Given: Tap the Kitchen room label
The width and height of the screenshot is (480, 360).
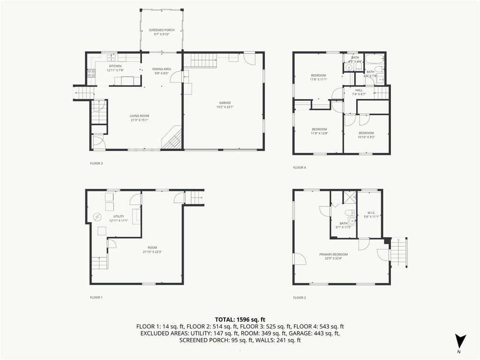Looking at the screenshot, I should click(115, 68).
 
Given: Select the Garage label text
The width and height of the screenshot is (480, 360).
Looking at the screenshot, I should click(225, 105).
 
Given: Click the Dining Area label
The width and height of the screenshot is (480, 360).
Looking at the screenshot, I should click(162, 71).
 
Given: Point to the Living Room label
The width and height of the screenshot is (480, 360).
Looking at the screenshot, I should click(139, 118).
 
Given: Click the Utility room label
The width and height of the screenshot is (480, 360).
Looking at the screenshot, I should click(119, 218).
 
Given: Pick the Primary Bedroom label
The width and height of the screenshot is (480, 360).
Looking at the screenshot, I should click(333, 256).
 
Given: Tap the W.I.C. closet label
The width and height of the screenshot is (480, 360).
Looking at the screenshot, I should click(371, 215).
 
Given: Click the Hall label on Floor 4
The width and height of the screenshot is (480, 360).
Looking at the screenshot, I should click(359, 92).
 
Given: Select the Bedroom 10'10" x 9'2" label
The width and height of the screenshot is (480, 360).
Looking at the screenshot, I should click(366, 135).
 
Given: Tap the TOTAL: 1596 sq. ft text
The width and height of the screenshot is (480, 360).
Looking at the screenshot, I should click(240, 319).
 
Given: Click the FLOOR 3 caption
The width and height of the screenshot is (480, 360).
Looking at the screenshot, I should click(96, 164).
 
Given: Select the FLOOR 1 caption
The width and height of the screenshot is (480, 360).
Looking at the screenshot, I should click(96, 297).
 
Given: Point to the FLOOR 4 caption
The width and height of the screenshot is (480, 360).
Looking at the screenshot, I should click(300, 167).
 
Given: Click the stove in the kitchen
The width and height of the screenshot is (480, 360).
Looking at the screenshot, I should click(91, 73).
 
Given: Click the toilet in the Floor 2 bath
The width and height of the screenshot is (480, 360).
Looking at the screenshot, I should click(342, 213).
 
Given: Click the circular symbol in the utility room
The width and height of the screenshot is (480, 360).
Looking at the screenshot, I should click(97, 217).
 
